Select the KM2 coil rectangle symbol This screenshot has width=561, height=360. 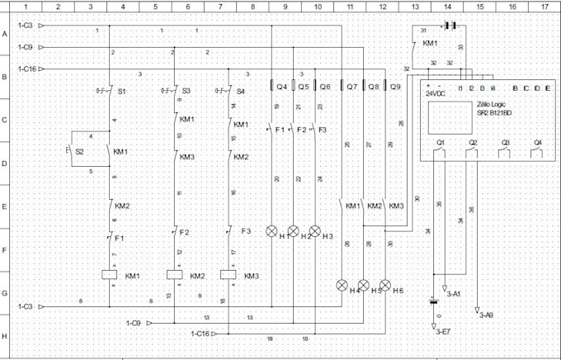(x=174, y=276)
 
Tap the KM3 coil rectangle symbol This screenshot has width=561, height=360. (x=229, y=276)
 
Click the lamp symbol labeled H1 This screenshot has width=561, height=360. (x=271, y=231)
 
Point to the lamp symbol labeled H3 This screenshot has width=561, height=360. (x=314, y=231)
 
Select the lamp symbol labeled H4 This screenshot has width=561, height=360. (x=342, y=286)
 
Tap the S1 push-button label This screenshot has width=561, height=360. (x=122, y=90)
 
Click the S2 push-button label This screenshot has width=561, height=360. (x=79, y=152)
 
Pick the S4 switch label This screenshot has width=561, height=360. (x=240, y=90)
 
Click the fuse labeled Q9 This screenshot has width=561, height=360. (x=395, y=86)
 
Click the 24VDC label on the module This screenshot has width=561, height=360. (x=435, y=94)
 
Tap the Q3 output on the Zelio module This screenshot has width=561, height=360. (x=505, y=142)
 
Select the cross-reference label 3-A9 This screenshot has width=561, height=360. (x=485, y=315)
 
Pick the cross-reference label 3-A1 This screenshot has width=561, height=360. (x=453, y=293)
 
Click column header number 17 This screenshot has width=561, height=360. (x=544, y=6)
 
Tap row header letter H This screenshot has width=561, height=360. (x=5, y=336)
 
